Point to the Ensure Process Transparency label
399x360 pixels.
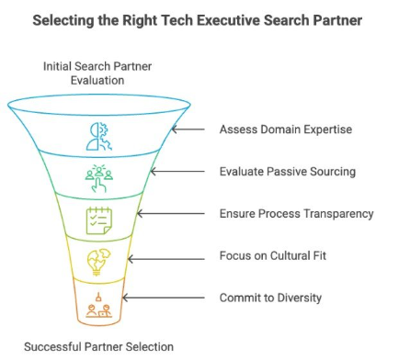pos(296,213)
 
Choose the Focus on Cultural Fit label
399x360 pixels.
pos(274,255)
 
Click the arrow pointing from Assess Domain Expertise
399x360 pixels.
pos(191,129)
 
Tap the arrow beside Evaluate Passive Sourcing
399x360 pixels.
pos(182,172)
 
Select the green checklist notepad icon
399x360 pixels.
pos(97,219)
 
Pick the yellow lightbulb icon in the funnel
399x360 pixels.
pos(97,260)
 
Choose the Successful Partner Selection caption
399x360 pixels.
pos(97,346)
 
